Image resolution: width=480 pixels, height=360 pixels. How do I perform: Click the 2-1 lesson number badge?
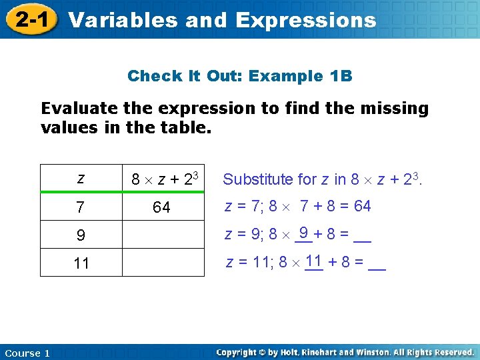tap(31, 20)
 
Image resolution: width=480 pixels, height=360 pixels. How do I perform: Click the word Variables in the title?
tap(123, 20)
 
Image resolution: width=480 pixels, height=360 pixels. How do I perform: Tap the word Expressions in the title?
tap(306, 20)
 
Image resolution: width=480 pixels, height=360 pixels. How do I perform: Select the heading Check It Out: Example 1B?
tap(239, 76)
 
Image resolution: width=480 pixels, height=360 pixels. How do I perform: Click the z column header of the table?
tap(81, 179)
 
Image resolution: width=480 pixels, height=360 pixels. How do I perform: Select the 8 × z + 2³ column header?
tap(163, 179)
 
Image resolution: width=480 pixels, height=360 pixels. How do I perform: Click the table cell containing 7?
tap(81, 207)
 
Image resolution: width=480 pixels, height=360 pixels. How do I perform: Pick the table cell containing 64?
tap(162, 207)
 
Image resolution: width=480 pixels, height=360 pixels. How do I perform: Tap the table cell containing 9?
tap(81, 235)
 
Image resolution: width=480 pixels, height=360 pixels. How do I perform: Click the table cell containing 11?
tap(81, 263)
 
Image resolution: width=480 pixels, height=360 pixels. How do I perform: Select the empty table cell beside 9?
tap(162, 235)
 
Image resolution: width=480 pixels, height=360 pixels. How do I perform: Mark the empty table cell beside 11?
tap(162, 263)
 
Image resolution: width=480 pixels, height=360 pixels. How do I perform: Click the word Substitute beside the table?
tap(258, 179)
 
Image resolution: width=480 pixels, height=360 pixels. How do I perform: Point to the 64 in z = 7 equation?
tap(362, 206)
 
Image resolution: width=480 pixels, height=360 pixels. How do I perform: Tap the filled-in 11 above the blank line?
tap(314, 259)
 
